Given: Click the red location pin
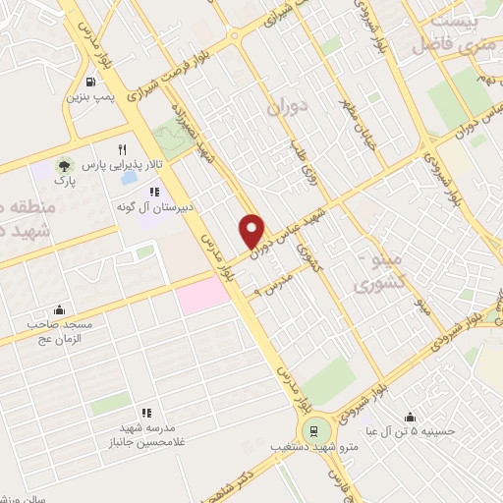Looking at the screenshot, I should [x=252, y=230].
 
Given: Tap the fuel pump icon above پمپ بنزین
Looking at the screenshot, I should [x=91, y=83].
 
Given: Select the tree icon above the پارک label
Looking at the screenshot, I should [x=64, y=164].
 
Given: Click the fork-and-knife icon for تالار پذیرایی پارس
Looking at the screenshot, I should [x=123, y=150].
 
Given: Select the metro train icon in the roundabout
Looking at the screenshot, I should [x=314, y=428].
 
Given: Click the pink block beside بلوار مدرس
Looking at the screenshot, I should [x=200, y=293].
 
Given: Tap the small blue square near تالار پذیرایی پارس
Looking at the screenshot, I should [x=128, y=181].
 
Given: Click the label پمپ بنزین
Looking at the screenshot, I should [x=90, y=98].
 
